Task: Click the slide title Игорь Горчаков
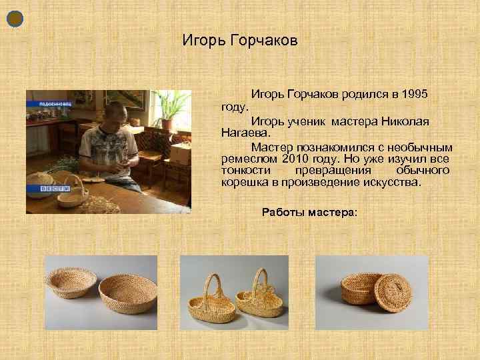click(x=240, y=41)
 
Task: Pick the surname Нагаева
click(x=244, y=133)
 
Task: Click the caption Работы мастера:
click(x=309, y=212)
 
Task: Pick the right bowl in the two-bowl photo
click(x=127, y=292)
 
